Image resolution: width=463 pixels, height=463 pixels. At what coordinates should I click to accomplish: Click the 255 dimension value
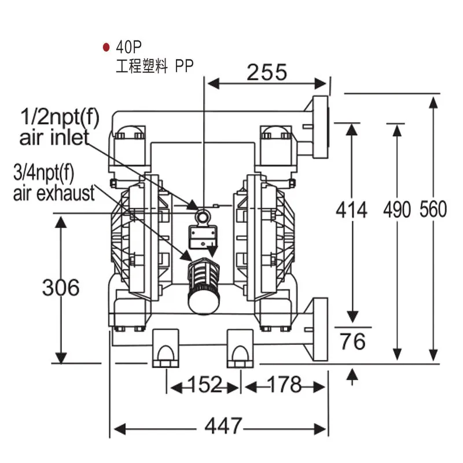(x=267, y=72)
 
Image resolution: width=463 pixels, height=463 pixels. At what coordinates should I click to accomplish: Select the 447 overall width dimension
(x=223, y=425)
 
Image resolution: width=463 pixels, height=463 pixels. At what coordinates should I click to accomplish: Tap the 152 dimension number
(x=205, y=384)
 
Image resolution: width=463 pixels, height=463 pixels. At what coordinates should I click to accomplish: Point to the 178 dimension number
(x=284, y=384)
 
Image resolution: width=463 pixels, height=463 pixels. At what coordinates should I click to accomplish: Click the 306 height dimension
(x=61, y=287)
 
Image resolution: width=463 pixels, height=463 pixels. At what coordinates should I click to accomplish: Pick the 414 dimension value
(x=351, y=210)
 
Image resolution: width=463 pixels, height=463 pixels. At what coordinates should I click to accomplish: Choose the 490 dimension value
(x=397, y=210)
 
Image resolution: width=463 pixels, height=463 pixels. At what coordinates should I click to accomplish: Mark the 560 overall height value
(x=433, y=210)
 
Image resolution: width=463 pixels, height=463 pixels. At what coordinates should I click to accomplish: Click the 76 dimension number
(x=352, y=341)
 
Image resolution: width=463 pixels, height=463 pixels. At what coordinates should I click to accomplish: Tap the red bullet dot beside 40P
(x=106, y=47)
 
